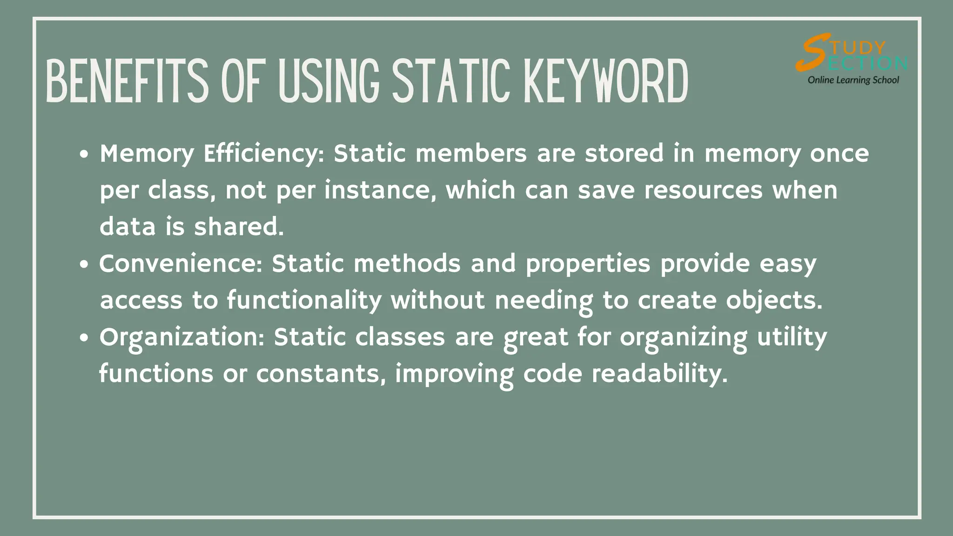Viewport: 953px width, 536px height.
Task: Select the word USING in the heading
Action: click(x=329, y=81)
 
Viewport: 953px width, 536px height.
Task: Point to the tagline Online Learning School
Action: click(x=853, y=80)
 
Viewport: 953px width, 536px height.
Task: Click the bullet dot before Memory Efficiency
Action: click(x=84, y=155)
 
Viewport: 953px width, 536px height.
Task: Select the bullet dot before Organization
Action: click(x=84, y=338)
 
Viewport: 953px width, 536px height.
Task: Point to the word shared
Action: click(x=239, y=227)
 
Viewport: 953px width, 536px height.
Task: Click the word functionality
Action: click(x=304, y=301)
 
